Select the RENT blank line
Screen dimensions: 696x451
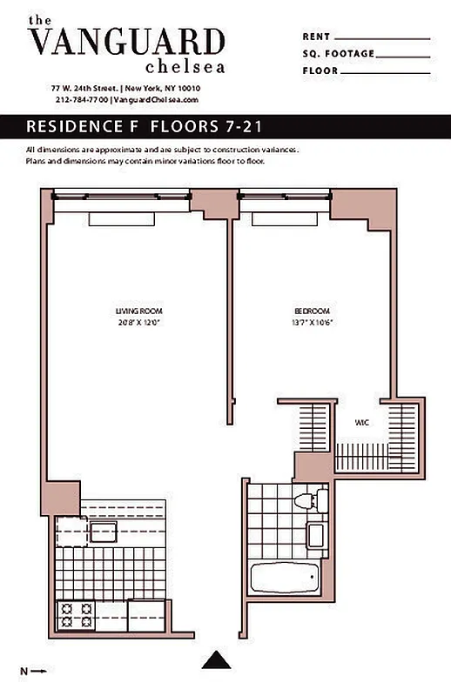(x=382, y=38)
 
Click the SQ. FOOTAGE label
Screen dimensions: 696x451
(x=338, y=54)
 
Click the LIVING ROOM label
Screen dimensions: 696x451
(x=139, y=311)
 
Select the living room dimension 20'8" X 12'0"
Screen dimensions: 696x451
(x=139, y=323)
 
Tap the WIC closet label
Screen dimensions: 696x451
(x=360, y=423)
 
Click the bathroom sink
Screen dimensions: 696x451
(x=316, y=535)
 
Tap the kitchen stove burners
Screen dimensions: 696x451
(x=76, y=615)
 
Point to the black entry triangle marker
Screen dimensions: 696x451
(x=216, y=661)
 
